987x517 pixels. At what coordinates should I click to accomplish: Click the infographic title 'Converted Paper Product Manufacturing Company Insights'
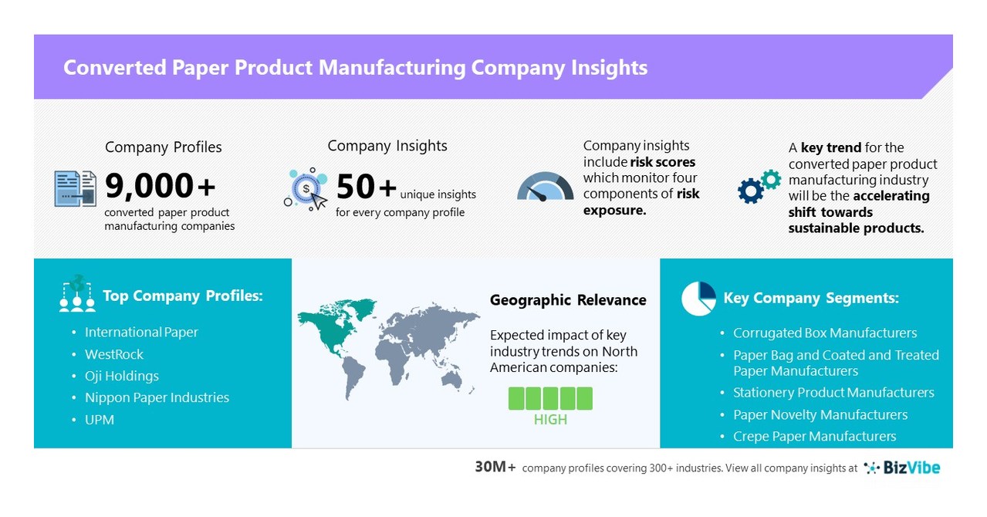(355, 68)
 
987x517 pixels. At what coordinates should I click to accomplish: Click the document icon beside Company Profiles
(76, 188)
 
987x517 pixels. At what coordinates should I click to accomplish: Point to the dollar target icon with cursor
(306, 189)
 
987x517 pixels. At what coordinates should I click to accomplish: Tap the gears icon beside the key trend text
(759, 186)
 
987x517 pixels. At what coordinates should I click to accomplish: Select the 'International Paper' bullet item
(141, 333)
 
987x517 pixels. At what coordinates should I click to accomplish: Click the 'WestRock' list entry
(114, 354)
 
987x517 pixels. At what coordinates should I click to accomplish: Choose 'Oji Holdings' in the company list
(122, 376)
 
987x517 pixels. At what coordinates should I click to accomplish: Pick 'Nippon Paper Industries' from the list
(157, 397)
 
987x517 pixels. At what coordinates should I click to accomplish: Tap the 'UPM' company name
(100, 420)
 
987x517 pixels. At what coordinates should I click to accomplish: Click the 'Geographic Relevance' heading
(568, 300)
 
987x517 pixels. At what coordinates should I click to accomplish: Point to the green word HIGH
(550, 420)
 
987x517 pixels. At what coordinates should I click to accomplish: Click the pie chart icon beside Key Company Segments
(698, 299)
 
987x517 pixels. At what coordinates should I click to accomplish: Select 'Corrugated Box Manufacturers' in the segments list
(825, 333)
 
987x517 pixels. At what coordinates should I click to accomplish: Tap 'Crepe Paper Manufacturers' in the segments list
(814, 437)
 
